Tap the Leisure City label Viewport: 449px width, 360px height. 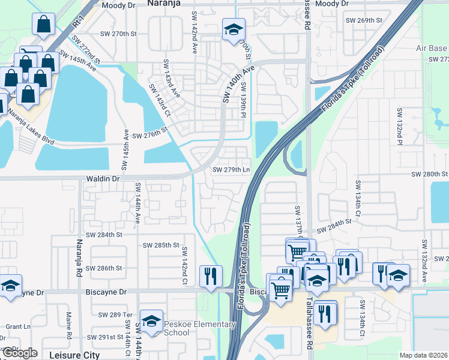[x=75, y=355]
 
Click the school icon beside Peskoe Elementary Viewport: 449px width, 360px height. [x=152, y=320]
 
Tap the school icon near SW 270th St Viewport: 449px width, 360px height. [x=233, y=29]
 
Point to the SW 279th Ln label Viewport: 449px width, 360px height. [x=231, y=170]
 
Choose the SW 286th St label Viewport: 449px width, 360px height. [x=105, y=268]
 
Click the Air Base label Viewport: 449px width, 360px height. [x=432, y=48]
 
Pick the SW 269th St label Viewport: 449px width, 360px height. [x=364, y=20]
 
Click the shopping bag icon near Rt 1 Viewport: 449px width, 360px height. [x=45, y=24]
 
